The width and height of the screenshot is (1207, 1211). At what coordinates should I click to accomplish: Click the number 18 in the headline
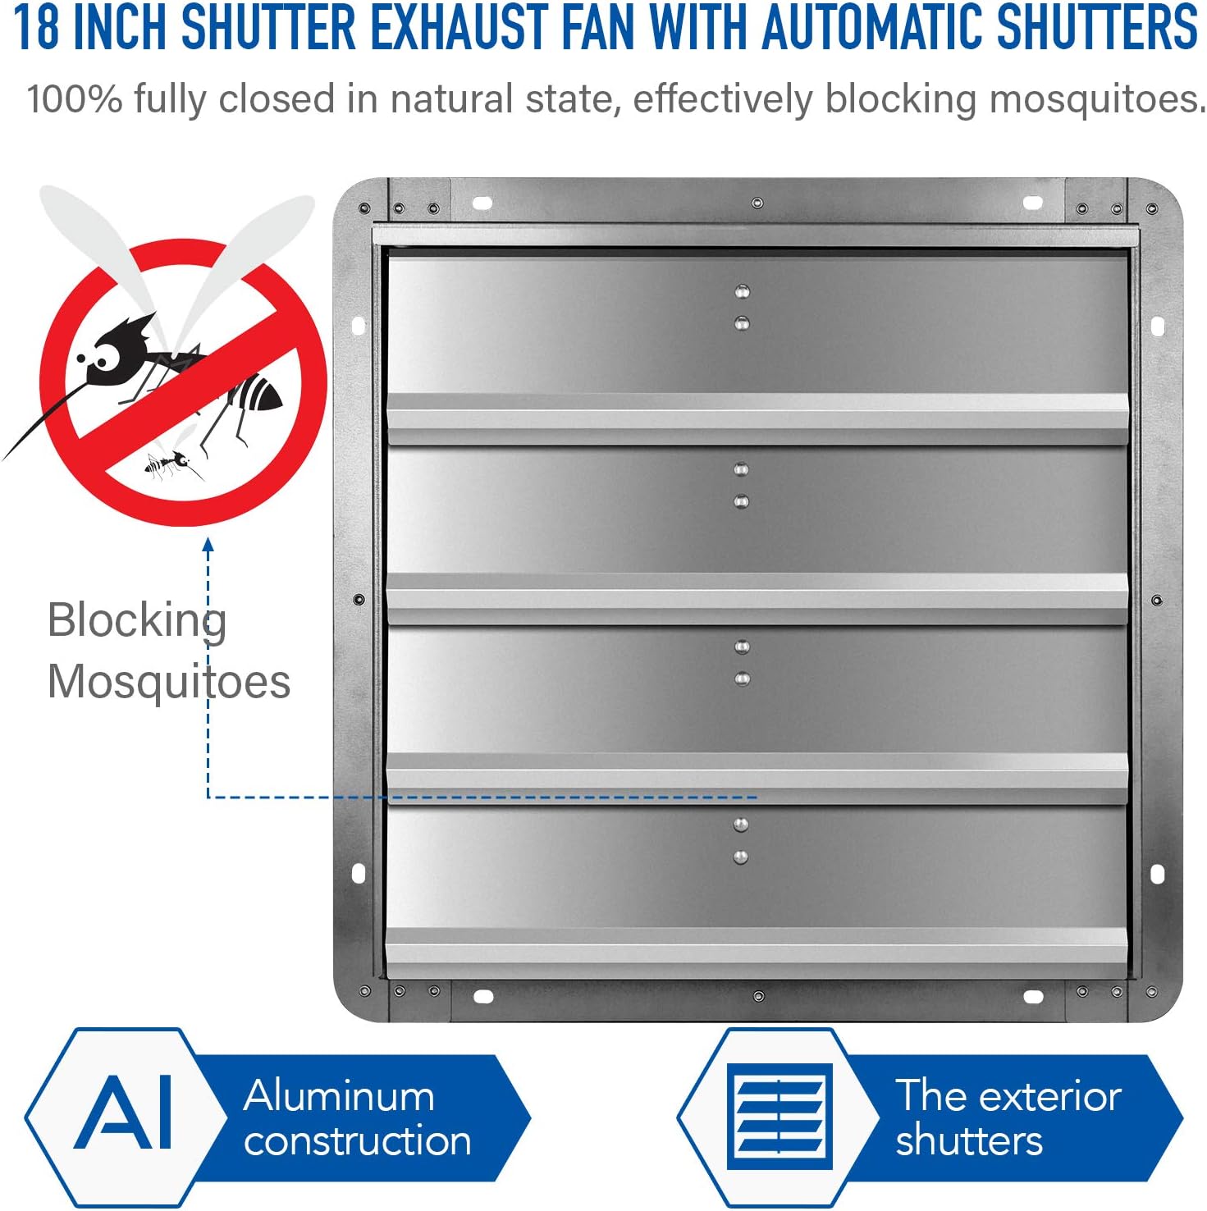[x=37, y=26]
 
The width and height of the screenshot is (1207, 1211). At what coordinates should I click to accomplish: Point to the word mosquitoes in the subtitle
[x=1098, y=100]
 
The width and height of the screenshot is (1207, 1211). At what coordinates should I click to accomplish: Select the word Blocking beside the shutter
[x=137, y=621]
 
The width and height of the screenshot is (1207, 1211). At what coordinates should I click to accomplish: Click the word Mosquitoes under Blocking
[x=169, y=681]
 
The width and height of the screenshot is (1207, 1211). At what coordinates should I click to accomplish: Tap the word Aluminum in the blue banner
[x=339, y=1095]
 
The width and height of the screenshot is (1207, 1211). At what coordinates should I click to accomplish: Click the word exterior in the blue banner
[x=1050, y=1096]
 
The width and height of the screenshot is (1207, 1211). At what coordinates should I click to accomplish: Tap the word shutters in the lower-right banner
[x=969, y=1140]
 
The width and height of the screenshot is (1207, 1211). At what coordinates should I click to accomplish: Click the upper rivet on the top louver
[x=742, y=291]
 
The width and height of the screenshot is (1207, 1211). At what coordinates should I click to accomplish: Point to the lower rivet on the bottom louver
[x=740, y=857]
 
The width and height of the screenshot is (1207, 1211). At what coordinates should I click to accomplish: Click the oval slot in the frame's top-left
[x=482, y=202]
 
